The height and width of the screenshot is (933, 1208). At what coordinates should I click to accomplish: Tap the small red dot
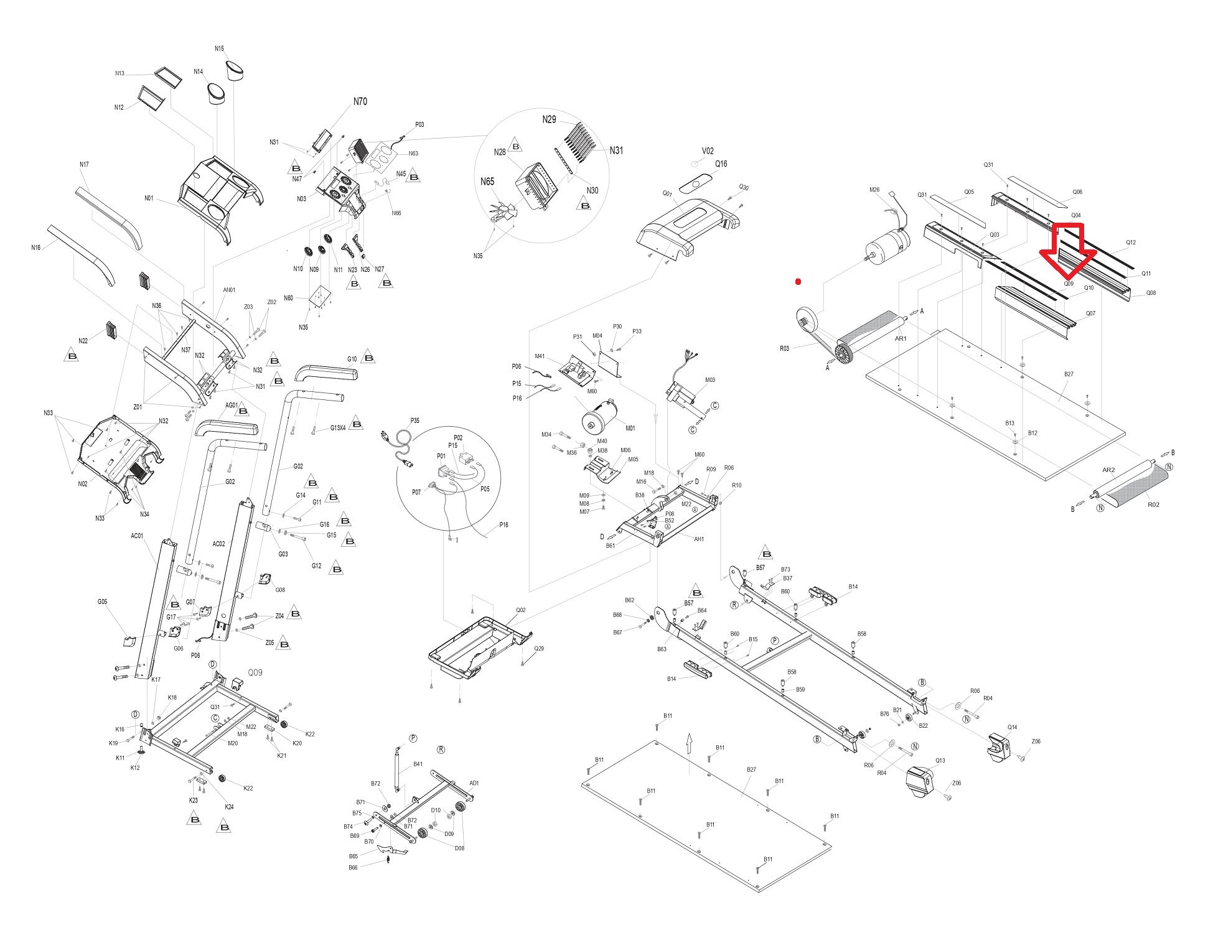click(798, 282)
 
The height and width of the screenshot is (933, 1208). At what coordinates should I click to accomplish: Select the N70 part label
click(360, 101)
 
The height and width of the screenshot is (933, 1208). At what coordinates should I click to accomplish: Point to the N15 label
click(219, 49)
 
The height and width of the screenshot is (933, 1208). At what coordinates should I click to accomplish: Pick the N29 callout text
click(549, 119)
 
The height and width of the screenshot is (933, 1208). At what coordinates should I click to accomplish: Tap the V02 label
click(708, 151)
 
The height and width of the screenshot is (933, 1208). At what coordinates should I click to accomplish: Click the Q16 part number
click(721, 164)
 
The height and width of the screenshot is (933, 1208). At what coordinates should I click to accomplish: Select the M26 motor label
click(874, 190)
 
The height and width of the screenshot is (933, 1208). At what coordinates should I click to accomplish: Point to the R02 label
click(1153, 504)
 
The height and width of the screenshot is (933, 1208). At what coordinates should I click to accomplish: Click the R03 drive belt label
click(784, 348)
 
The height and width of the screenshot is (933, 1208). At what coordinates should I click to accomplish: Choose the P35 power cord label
click(415, 420)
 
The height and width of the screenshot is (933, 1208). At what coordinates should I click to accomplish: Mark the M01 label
click(630, 428)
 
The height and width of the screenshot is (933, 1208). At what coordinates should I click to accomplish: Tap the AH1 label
click(699, 539)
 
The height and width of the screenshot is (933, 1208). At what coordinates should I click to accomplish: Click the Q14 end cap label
click(1013, 727)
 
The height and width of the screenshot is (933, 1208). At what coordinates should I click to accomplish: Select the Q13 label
click(940, 760)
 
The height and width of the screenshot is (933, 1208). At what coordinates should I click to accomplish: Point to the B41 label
click(418, 764)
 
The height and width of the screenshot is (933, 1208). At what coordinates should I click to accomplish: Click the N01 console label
click(149, 198)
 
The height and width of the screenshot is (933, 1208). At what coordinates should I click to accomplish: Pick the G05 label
click(102, 601)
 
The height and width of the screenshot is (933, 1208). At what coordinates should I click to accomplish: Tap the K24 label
click(229, 807)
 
